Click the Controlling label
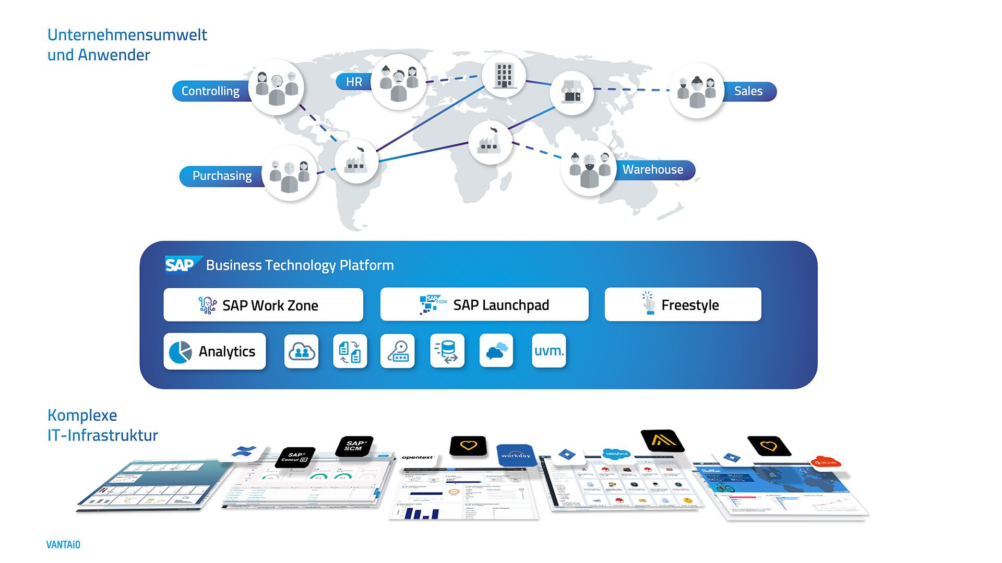(210, 91)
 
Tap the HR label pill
(354, 82)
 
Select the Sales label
(748, 91)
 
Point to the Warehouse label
(652, 170)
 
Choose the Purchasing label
(222, 176)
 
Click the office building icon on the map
(504, 75)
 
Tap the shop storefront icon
(571, 93)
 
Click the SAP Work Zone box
(263, 305)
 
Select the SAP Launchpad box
(484, 304)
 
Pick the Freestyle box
(683, 304)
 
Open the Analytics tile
(214, 351)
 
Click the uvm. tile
(548, 351)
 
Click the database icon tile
(447, 351)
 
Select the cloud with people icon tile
(301, 351)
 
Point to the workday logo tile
(516, 455)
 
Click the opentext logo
(417, 458)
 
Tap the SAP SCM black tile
(354, 446)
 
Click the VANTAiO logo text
(63, 545)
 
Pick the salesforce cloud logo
(616, 454)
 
